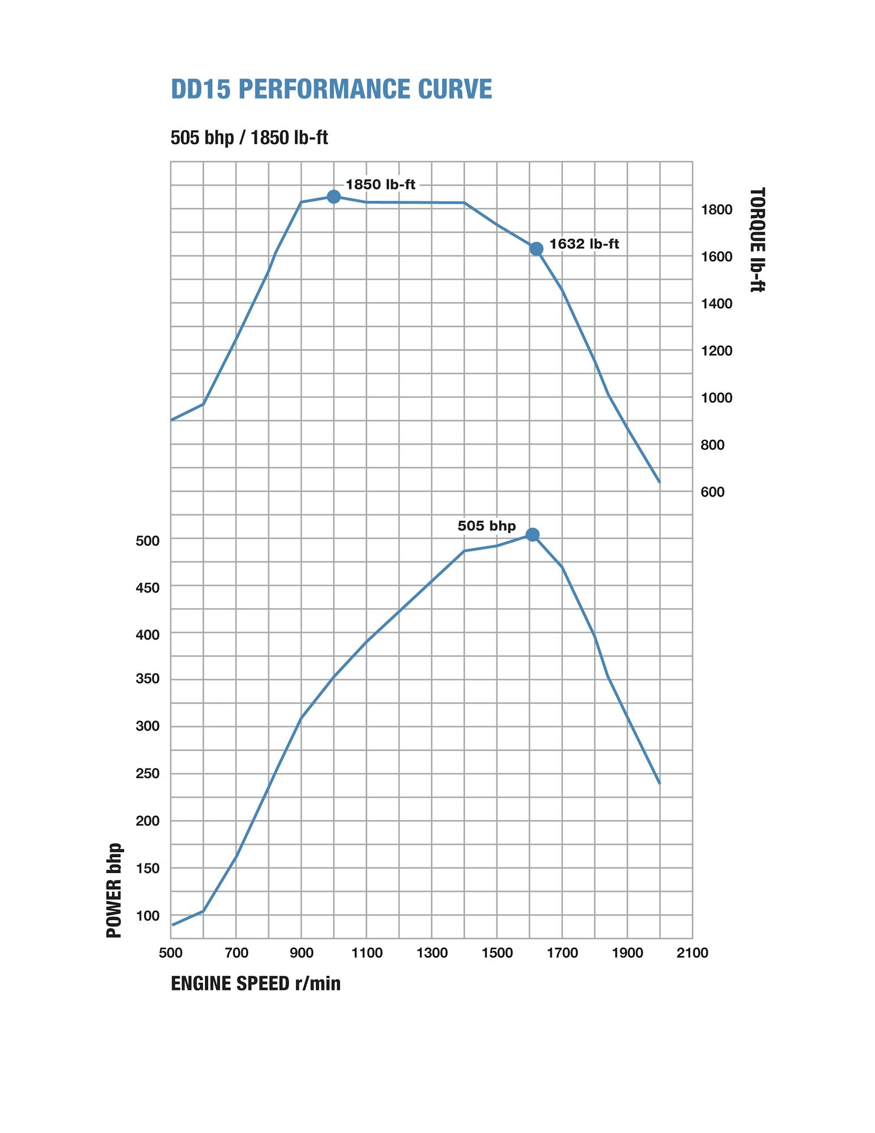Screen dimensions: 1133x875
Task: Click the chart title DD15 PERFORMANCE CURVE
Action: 331,90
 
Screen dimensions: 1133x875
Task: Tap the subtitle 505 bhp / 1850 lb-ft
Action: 249,138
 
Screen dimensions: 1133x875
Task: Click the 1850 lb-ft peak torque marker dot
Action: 334,197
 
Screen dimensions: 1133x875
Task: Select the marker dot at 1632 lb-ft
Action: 536,249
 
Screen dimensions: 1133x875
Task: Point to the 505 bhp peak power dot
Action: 532,535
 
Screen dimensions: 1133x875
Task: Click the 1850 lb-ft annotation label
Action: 381,185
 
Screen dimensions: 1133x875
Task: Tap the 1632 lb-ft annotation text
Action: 584,244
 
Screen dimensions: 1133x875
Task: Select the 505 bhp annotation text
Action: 486,526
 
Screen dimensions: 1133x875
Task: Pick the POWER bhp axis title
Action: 114,891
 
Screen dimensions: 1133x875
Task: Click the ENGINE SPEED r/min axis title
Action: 255,983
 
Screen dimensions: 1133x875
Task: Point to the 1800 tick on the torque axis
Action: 716,210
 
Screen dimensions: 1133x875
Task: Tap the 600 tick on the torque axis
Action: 712,492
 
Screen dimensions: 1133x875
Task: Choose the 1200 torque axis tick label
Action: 716,351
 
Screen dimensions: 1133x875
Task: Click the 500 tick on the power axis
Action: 147,541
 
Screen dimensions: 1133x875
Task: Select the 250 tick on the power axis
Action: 147,774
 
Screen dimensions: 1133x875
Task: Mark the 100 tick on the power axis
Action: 147,916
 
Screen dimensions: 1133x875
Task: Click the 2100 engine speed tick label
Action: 692,953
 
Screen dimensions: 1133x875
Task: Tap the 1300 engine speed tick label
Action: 432,953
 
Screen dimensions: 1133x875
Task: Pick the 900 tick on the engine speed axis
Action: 301,953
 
